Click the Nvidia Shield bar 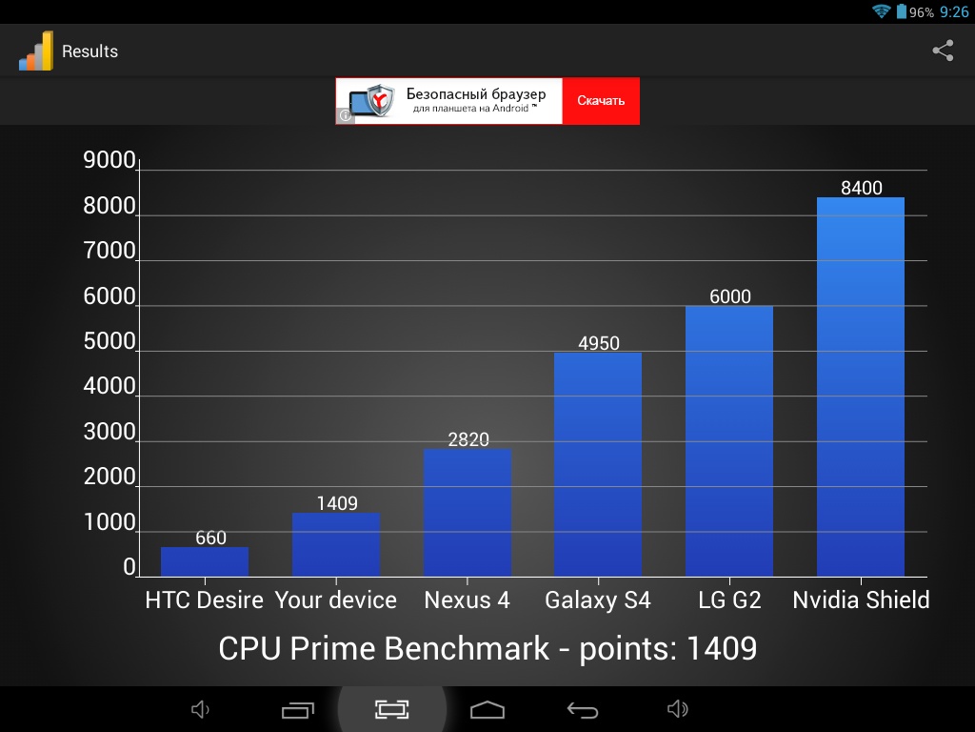pos(861,386)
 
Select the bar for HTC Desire pos(205,562)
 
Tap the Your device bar pos(336,544)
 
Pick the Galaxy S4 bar pos(598,464)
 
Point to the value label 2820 pos(468,439)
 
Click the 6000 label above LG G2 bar pos(730,296)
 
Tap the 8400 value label pos(862,188)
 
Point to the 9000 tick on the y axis pos(110,160)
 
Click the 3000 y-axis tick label pos(110,432)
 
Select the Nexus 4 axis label pos(467,600)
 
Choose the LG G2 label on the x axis pos(729,600)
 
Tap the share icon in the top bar pos(943,51)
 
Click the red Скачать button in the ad pos(601,101)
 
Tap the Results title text pos(90,51)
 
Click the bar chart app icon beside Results pos(36,51)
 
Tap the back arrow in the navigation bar pos(583,709)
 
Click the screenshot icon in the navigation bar pos(391,709)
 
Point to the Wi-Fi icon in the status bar pos(881,11)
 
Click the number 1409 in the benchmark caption pos(721,648)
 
